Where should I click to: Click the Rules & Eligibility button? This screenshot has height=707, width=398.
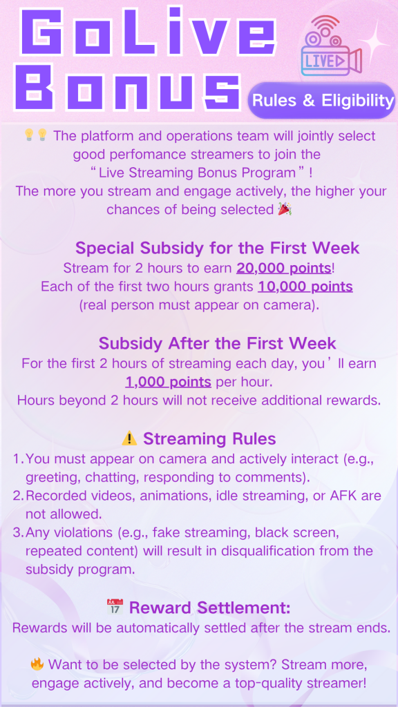pos(321,100)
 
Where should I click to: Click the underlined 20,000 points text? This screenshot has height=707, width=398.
pos(284,269)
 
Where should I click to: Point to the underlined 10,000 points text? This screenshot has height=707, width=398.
pos(305,287)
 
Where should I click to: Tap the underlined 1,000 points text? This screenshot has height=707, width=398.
pos(169,382)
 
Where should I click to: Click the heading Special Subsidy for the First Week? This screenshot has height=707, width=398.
pos(217,248)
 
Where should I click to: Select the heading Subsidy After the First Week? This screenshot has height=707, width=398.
pos(218,343)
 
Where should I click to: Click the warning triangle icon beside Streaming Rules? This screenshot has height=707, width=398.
pos(129,438)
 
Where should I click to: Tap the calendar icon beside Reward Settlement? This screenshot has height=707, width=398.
pos(115,607)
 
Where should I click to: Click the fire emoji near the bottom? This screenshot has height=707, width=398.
pos(37,664)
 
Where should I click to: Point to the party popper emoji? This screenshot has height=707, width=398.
pos(284,209)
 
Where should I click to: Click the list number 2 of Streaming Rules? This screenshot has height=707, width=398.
pos(17,496)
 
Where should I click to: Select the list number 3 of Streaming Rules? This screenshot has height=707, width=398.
pos(17,532)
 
